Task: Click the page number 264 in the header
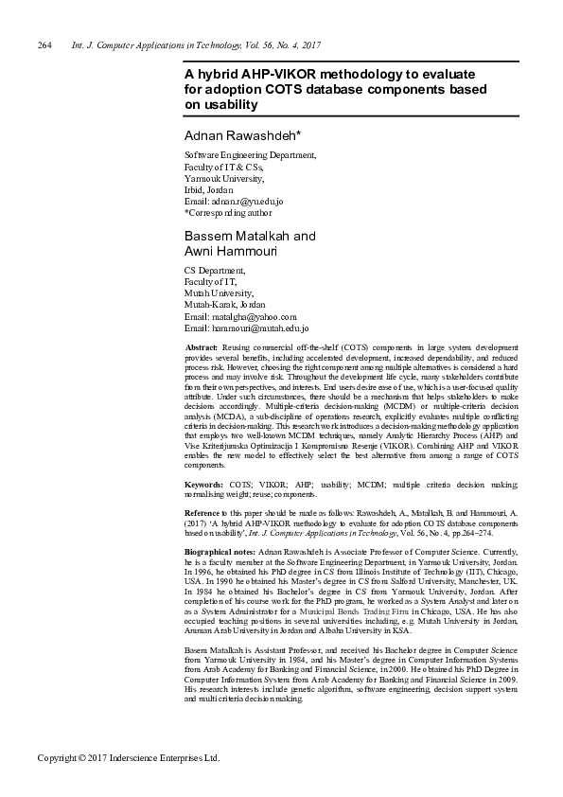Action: pos(44,45)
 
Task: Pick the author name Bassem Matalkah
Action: pos(238,235)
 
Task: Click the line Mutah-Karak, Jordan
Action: pos(224,305)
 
